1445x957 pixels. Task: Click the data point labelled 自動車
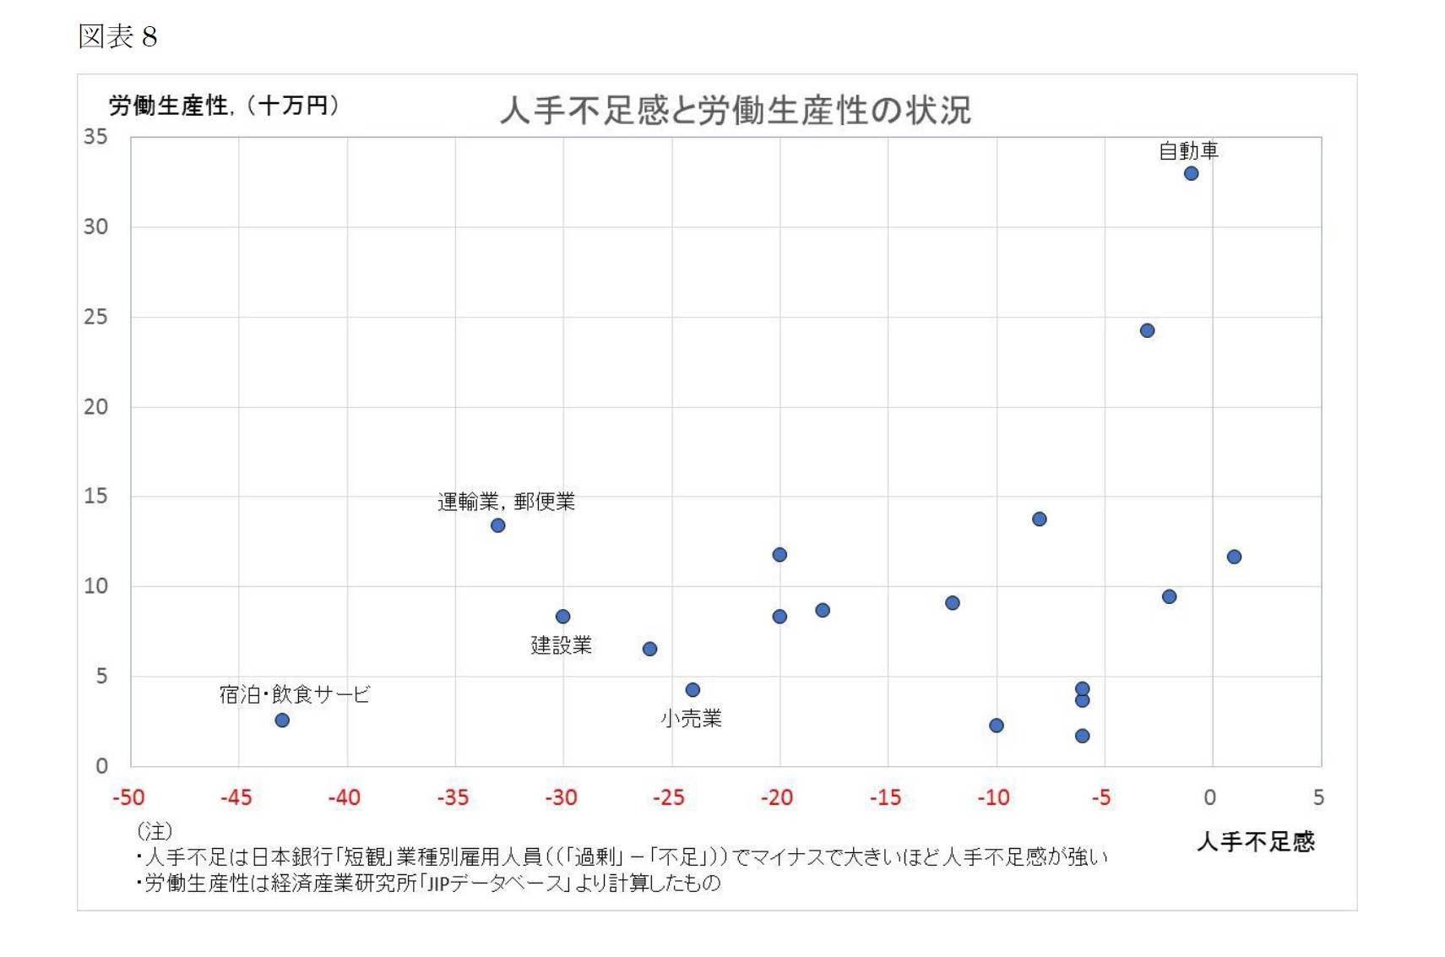[x=1191, y=173]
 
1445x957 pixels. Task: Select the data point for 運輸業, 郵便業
[x=497, y=525]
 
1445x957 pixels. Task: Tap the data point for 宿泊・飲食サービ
[x=282, y=720]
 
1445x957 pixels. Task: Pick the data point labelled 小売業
[x=693, y=689]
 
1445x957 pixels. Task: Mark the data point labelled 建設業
[x=562, y=617]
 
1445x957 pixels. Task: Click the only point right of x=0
[x=1234, y=557]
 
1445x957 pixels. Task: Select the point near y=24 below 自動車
[x=1147, y=330]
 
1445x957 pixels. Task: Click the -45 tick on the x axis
[x=236, y=797]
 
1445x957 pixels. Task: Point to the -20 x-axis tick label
[x=776, y=797]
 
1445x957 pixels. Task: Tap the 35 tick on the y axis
[x=95, y=137]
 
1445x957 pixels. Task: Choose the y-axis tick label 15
[x=95, y=496]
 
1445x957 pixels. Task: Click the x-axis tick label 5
[x=1318, y=797]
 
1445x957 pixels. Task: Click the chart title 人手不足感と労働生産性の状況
[x=735, y=111]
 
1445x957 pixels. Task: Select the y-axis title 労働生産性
[x=168, y=106]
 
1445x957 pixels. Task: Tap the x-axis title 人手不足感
[x=1255, y=841]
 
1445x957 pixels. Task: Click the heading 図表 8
[x=117, y=36]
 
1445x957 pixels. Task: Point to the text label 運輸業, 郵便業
[x=506, y=502]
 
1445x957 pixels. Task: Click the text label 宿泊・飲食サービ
[x=294, y=694]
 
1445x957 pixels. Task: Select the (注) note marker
[x=154, y=831]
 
